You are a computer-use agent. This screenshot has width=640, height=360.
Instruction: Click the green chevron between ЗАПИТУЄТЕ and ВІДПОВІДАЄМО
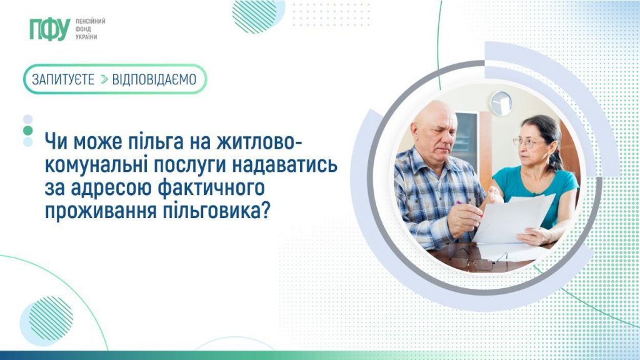(103, 79)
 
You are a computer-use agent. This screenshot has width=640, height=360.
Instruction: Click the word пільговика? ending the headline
(220, 211)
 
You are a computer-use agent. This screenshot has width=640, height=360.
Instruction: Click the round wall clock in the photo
(501, 103)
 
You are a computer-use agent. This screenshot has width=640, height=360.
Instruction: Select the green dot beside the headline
(27, 130)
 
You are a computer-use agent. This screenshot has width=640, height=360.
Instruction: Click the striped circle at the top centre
(254, 14)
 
